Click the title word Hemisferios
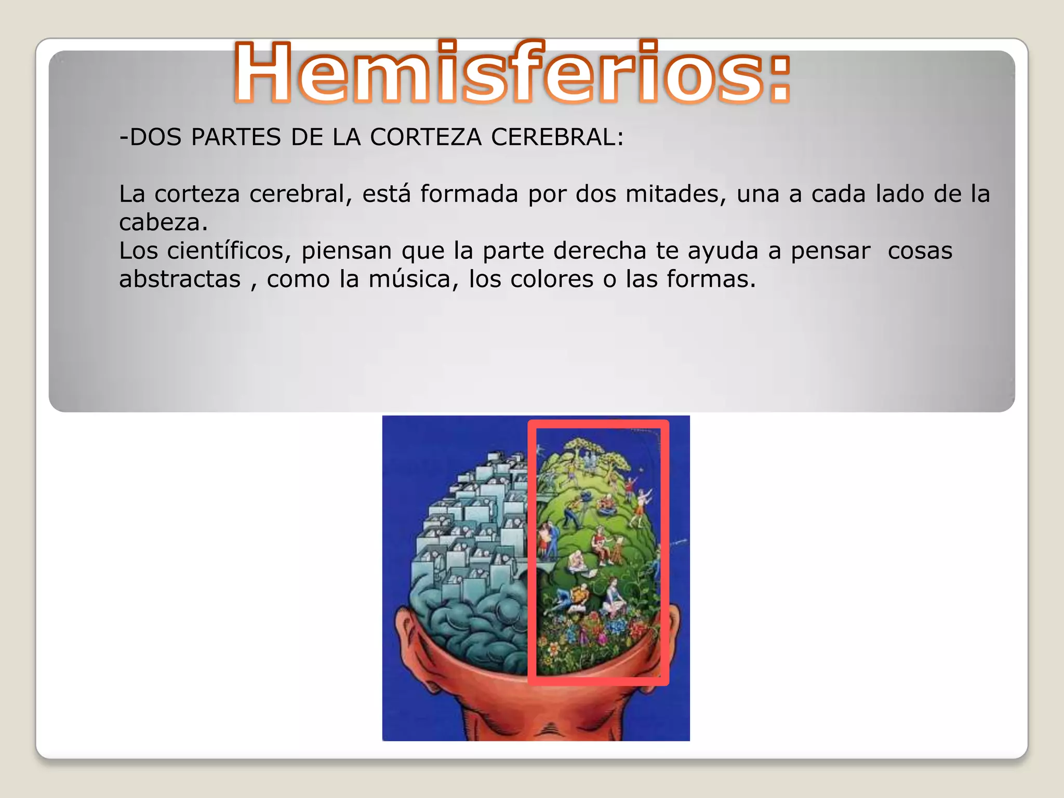[x=512, y=73]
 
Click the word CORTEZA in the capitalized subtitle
[x=430, y=138]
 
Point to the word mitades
[x=675, y=194]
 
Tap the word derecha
[x=600, y=251]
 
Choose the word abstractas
[x=180, y=280]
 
